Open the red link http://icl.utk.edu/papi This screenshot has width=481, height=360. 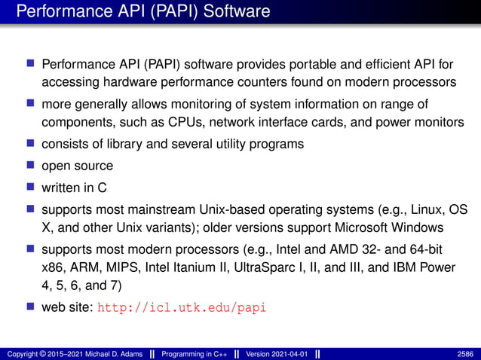[183, 308]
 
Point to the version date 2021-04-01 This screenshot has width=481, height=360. [290, 354]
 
